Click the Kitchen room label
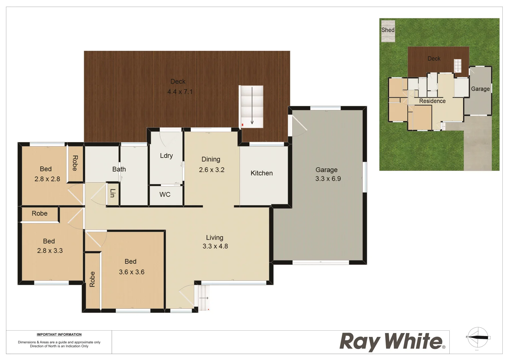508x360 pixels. point(262,173)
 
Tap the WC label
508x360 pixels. point(165,195)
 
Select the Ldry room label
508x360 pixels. point(166,156)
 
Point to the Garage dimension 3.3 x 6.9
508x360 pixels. point(328,179)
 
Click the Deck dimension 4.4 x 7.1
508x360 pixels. point(180,92)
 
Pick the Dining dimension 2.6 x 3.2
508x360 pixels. point(212,170)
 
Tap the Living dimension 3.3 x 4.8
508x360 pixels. point(215,246)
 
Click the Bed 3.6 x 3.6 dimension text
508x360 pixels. point(132,272)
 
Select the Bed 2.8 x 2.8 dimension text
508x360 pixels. point(47,179)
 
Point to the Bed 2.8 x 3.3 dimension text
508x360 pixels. point(50,251)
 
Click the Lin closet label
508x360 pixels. point(113,193)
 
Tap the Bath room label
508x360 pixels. point(119,169)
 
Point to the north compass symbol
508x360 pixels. point(478,337)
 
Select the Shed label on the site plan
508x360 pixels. point(388,30)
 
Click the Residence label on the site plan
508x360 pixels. point(432,101)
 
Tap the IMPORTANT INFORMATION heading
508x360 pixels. point(59,335)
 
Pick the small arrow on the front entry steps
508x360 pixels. point(204,298)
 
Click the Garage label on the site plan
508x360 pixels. point(480,89)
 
